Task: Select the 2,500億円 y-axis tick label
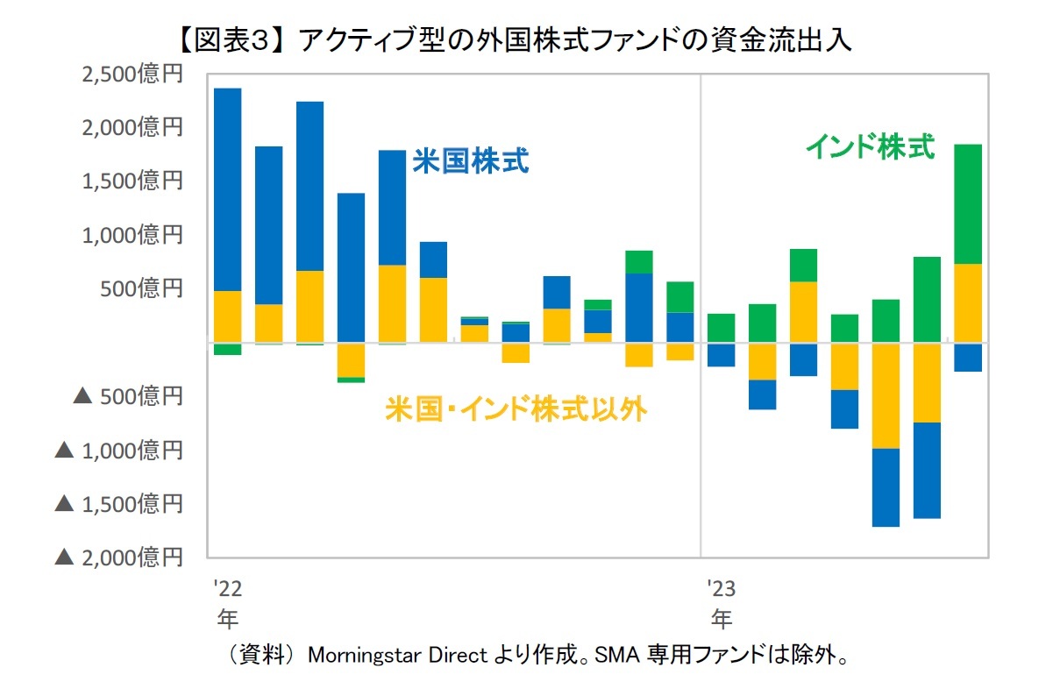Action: [132, 75]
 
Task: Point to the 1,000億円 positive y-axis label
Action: [132, 235]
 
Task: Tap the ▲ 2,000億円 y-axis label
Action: [119, 557]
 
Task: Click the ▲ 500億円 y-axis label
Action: [128, 396]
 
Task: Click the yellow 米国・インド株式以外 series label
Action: [516, 408]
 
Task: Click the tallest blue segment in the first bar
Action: [228, 189]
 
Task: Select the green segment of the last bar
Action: [967, 203]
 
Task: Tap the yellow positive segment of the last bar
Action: [967, 302]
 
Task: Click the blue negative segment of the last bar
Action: [967, 358]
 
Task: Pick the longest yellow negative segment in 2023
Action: [886, 396]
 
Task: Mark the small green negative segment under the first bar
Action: [228, 349]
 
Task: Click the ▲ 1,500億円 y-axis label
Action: [119, 503]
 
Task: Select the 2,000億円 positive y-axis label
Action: [132, 128]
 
